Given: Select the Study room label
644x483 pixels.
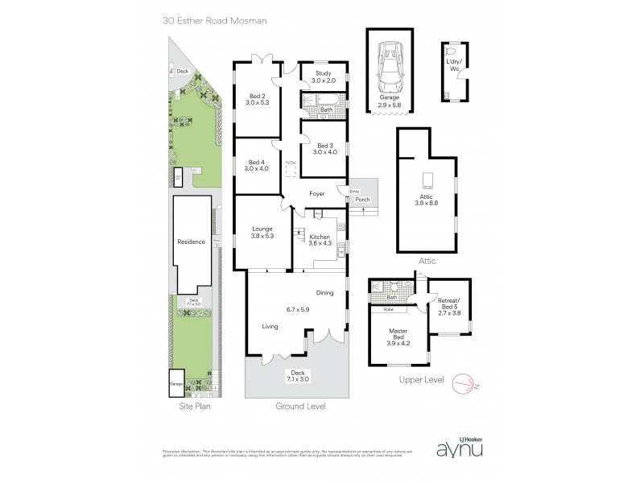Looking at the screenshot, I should pos(313,77).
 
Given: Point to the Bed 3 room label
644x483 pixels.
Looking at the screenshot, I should pos(325,149).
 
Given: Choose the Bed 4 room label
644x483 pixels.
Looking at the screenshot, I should pos(257,165).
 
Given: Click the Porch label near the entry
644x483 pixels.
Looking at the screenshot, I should pos(362,199).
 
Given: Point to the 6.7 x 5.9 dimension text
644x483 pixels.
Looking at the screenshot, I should pos(298,310).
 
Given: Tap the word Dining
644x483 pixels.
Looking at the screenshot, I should pos(324,293).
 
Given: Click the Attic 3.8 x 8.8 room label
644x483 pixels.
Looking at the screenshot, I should pos(426,199).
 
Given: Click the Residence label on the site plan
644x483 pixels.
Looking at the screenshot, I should pos(192,242).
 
